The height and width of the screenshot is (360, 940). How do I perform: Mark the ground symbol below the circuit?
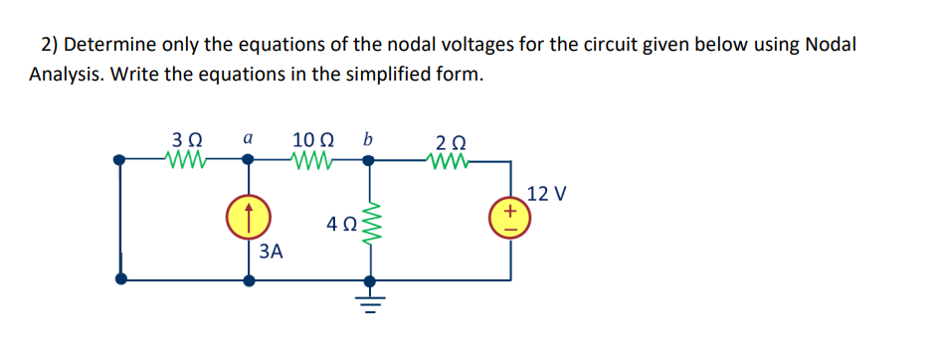click(373, 300)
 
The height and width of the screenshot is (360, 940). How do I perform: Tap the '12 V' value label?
click(547, 193)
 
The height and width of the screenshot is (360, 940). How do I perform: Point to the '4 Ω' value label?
click(339, 225)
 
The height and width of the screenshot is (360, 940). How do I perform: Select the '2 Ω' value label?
click(450, 140)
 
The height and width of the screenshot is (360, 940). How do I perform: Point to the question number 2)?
click(52, 46)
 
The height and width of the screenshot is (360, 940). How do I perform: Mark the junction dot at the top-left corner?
click(120, 159)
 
